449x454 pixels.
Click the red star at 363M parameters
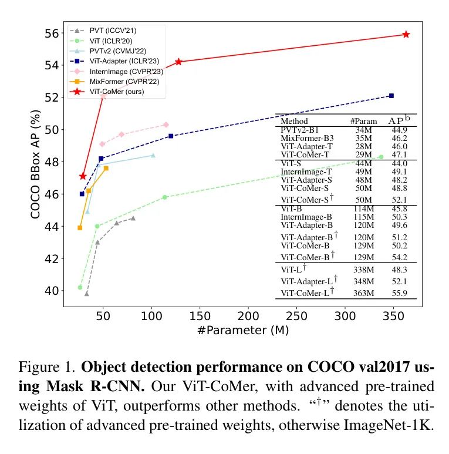pos(406,35)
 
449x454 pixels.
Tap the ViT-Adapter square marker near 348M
pos(391,96)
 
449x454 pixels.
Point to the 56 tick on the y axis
pos(52,33)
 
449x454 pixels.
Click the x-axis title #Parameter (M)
pos(243,330)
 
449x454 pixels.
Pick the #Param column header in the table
pos(363,121)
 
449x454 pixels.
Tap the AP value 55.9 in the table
pos(401,292)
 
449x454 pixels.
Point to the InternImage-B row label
pos(306,217)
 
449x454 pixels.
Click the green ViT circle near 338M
pos(381,157)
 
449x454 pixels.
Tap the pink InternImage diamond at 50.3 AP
pos(166,125)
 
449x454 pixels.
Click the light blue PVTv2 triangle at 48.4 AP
pos(153,155)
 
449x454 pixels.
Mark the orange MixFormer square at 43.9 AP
pos(80,227)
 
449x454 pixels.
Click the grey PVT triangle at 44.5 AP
pos(133,218)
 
